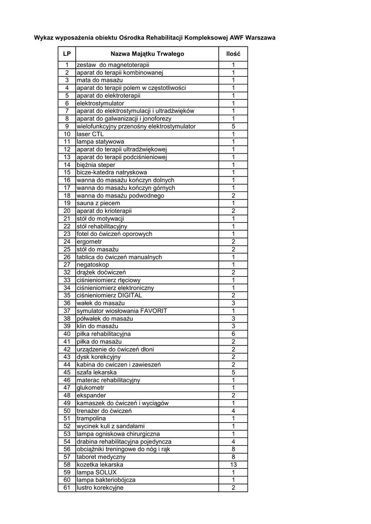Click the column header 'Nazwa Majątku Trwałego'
click(x=147, y=54)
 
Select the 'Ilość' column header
click(x=233, y=54)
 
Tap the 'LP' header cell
click(x=67, y=54)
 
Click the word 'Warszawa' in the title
click(x=260, y=38)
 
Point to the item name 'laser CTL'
click(x=90, y=134)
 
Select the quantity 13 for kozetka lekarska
click(x=233, y=465)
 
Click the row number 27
click(x=67, y=265)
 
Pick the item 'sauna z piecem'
click(x=98, y=203)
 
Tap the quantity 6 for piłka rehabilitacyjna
click(x=233, y=334)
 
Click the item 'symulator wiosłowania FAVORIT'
click(x=122, y=311)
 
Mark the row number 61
click(x=67, y=488)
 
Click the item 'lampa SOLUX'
click(x=97, y=472)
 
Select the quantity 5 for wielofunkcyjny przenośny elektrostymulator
click(x=233, y=126)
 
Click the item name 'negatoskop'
click(x=93, y=265)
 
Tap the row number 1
click(x=67, y=65)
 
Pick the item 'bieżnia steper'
click(x=96, y=165)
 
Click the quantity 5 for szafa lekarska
click(x=233, y=373)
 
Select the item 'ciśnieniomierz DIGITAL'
click(x=109, y=295)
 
